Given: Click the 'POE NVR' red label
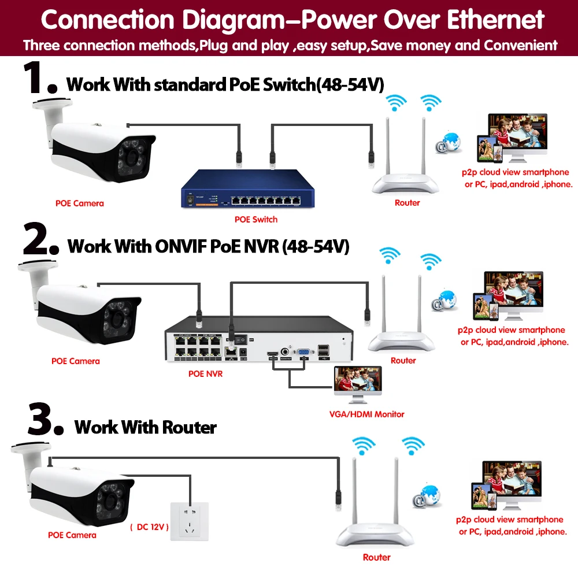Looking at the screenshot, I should pyautogui.click(x=205, y=374).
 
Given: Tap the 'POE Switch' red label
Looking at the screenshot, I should pyautogui.click(x=256, y=220).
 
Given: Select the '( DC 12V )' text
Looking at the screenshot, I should pyautogui.click(x=149, y=527).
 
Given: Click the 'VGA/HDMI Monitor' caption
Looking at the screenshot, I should pyautogui.click(x=366, y=414).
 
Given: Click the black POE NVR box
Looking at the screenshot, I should pyautogui.click(x=258, y=341).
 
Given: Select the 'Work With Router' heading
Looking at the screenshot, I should pyautogui.click(x=146, y=428).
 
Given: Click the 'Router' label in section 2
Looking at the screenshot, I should pyautogui.click(x=403, y=361).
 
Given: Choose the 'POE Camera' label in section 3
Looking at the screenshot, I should pyautogui.click(x=72, y=535).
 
